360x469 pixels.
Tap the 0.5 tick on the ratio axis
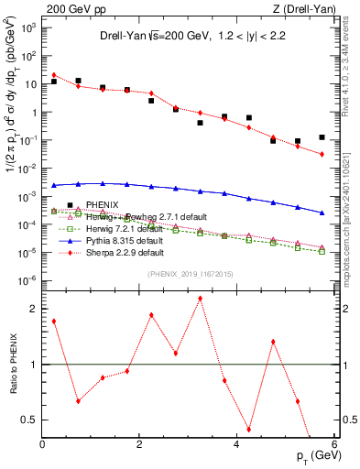(30, 420)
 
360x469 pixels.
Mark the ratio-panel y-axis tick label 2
(35, 309)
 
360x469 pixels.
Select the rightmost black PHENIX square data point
(322, 137)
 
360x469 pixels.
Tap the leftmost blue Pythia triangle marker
(55, 185)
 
